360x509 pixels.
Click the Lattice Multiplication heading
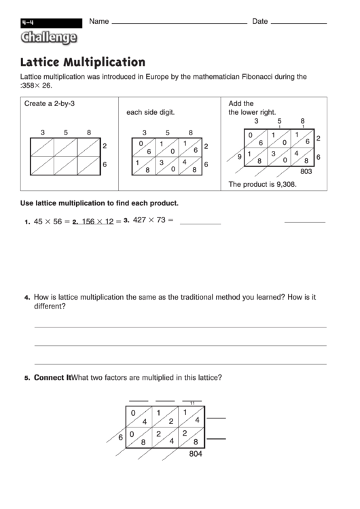coord(83,63)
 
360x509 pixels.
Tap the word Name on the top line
coord(99,21)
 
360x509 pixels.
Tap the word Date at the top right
coord(260,21)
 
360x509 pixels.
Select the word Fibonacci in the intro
coord(259,77)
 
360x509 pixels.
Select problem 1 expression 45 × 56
coord(48,222)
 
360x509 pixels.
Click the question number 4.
coord(27,298)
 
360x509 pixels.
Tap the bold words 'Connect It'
coord(52,378)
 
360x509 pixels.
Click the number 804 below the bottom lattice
coord(197,454)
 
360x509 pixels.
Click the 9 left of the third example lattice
coord(239,157)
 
